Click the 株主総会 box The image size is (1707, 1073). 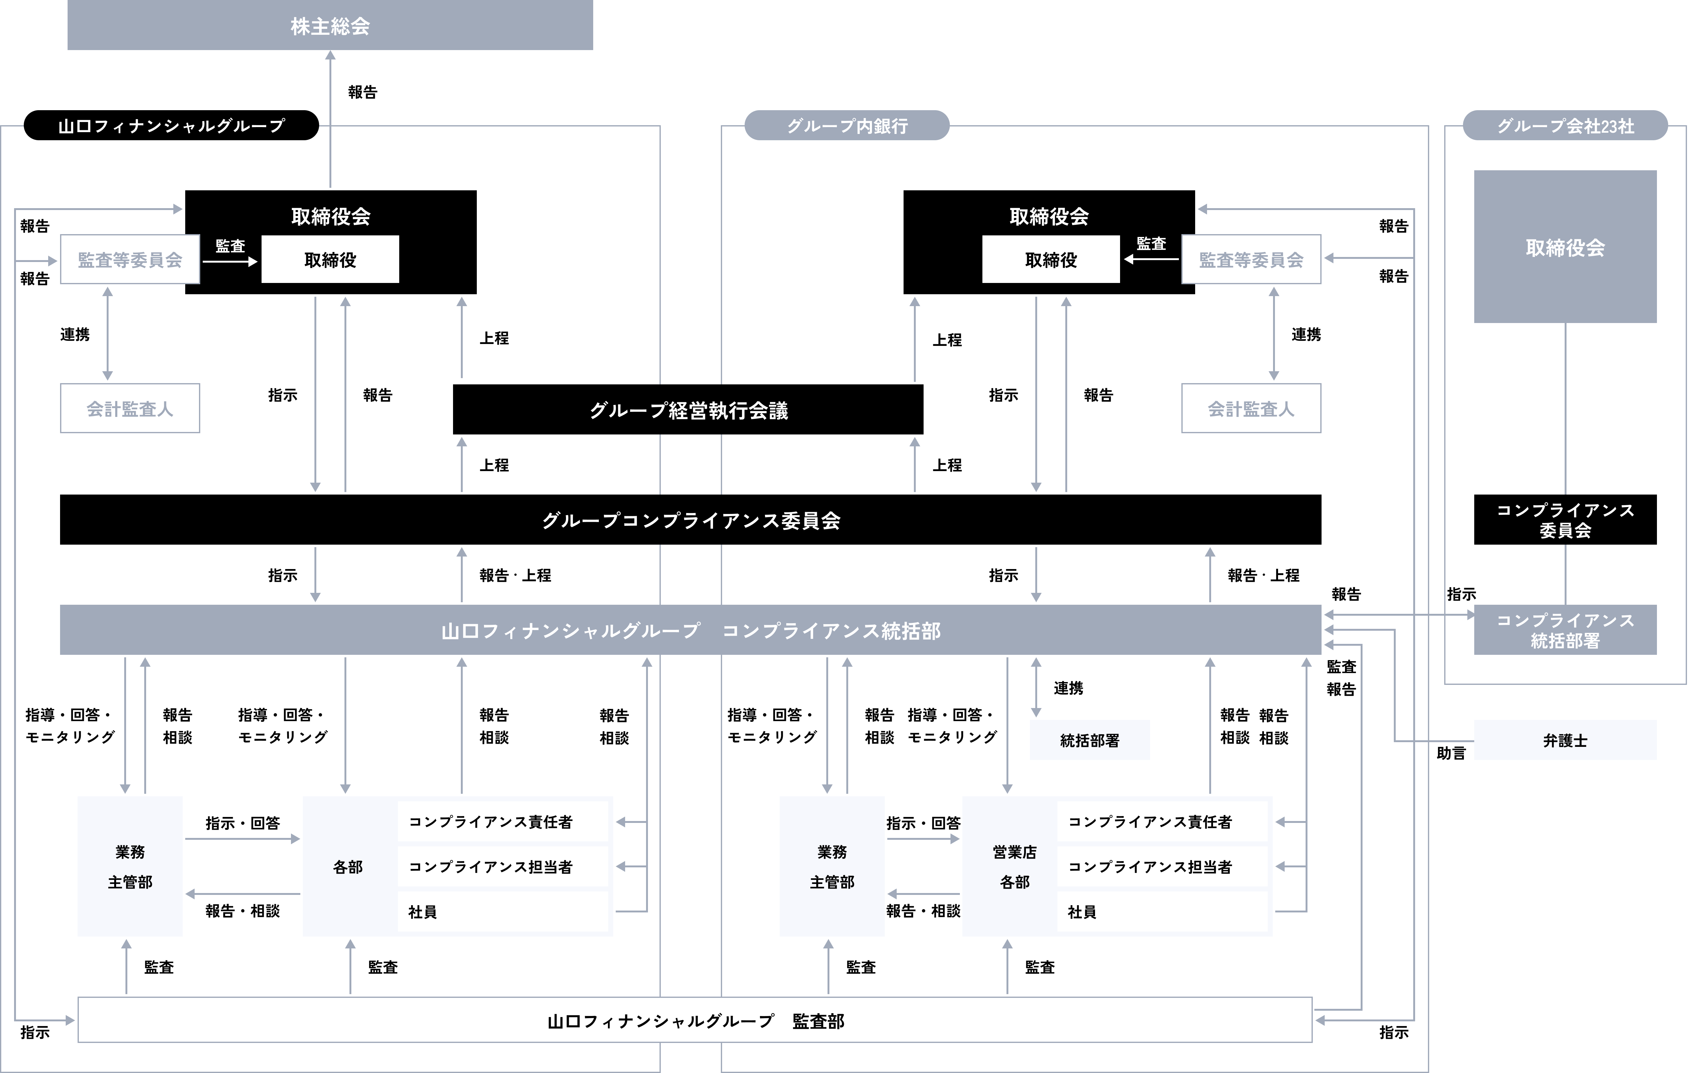tap(330, 26)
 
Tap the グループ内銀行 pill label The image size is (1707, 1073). tap(847, 126)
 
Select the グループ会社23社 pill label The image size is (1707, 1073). tap(1565, 126)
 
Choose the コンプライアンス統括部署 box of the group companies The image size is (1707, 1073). tap(1565, 630)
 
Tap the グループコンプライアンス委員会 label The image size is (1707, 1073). tap(691, 521)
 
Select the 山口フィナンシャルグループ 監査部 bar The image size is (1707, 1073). tap(695, 1020)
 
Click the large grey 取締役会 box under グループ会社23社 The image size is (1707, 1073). tap(1565, 247)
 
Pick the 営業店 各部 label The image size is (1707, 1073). tap(1014, 867)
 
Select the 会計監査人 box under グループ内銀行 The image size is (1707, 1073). tap(1251, 408)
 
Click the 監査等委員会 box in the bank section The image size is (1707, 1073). tap(1251, 259)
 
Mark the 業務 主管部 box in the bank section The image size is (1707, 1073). tap(832, 867)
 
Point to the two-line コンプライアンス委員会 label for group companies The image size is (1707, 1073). tap(1565, 520)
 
